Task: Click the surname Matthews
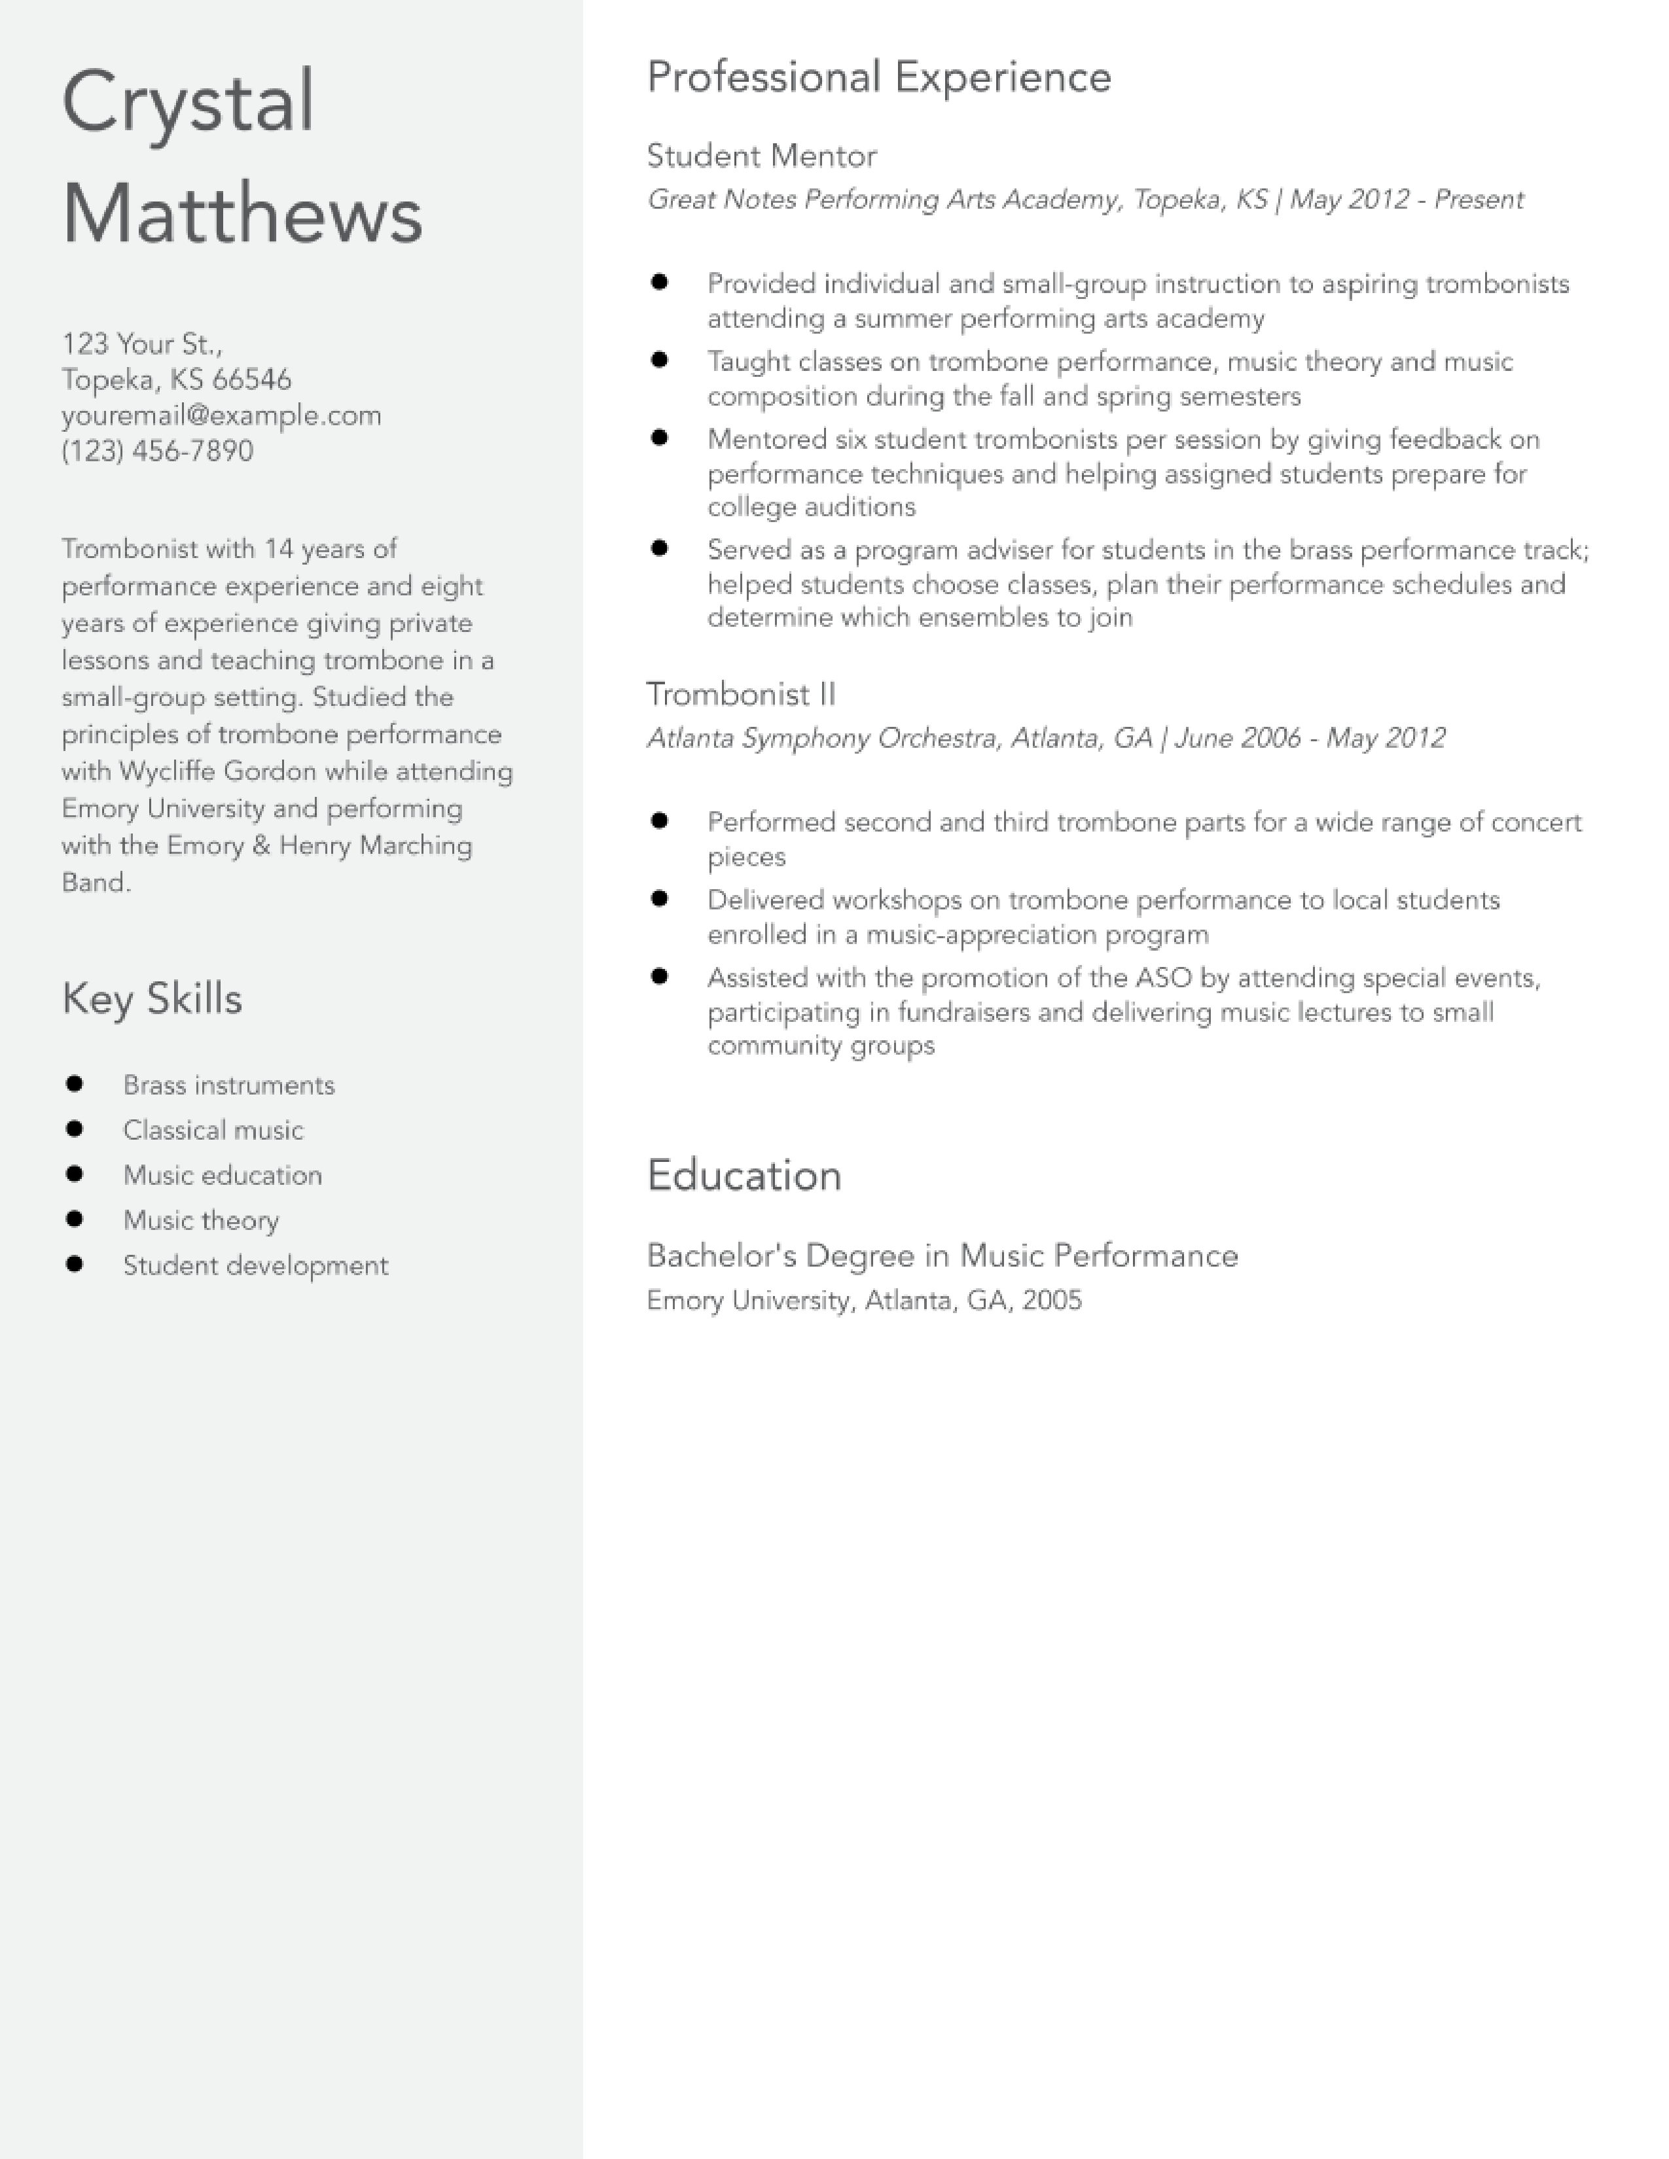(x=242, y=215)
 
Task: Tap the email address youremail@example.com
(x=221, y=415)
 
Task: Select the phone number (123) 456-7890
(x=157, y=451)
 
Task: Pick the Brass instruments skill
(x=228, y=1085)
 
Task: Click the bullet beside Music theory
(x=74, y=1219)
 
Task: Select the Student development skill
(x=255, y=1265)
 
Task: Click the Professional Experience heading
(x=879, y=77)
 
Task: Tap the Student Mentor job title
(x=761, y=156)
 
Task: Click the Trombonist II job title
(x=740, y=694)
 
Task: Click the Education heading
(x=744, y=1176)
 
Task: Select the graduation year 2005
(x=1052, y=1300)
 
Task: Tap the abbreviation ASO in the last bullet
(x=1163, y=977)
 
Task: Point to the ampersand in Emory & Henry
(x=261, y=845)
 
